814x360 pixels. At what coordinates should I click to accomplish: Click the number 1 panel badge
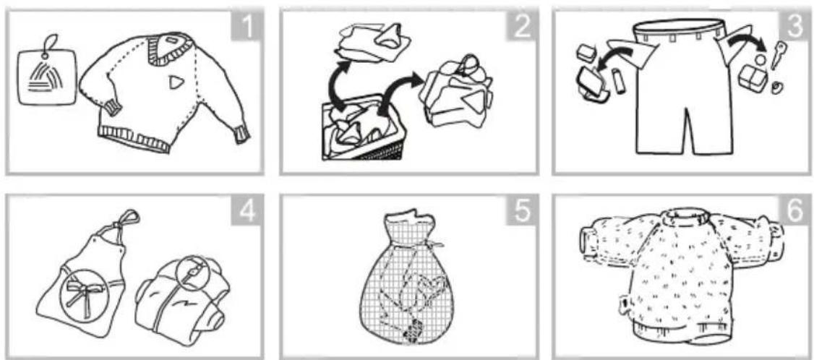tap(247, 27)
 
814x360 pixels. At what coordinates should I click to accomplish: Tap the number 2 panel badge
tap(520, 27)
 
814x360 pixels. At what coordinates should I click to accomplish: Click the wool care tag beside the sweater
tap(46, 75)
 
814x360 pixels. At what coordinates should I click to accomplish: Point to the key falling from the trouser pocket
tap(779, 55)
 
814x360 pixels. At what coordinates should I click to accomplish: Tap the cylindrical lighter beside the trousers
tap(618, 81)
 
